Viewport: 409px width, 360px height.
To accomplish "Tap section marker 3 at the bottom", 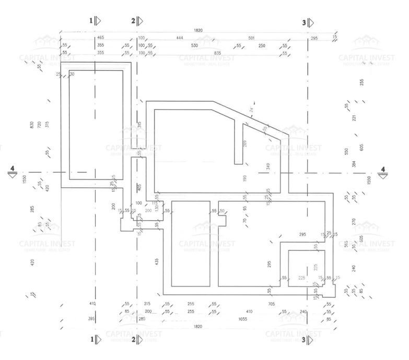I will pos(309,340).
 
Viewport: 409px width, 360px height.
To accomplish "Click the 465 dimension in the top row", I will pos(100,38).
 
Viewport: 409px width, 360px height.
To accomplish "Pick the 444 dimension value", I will pos(179,38).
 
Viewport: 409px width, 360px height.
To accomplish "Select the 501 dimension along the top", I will pos(252,38).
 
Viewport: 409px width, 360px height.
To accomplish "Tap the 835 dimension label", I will pos(218,53).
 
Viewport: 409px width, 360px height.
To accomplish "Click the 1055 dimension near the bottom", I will pos(242,318).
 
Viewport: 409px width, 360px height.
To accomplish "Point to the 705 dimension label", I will pos(271,304).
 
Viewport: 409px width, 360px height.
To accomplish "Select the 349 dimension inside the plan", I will pos(268,167).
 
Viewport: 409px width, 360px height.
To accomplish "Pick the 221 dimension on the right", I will pos(354,118).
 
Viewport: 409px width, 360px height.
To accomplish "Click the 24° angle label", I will pos(251,110).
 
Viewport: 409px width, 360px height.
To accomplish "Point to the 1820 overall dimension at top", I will pos(197,31).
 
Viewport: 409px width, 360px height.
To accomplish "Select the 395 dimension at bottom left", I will pos(91,318).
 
